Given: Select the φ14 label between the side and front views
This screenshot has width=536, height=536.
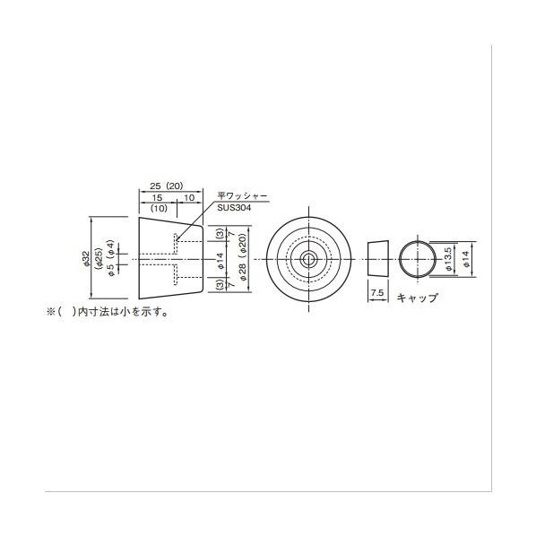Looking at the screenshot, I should (220, 260).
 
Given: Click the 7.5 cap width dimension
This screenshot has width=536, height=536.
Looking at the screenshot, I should (377, 293).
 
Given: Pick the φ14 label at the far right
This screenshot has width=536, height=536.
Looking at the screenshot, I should (464, 259).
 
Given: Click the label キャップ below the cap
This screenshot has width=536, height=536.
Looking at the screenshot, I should (417, 298).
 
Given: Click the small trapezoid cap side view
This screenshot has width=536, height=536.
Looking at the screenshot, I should (376, 259).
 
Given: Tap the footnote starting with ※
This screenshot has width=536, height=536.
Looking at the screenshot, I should (108, 313).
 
